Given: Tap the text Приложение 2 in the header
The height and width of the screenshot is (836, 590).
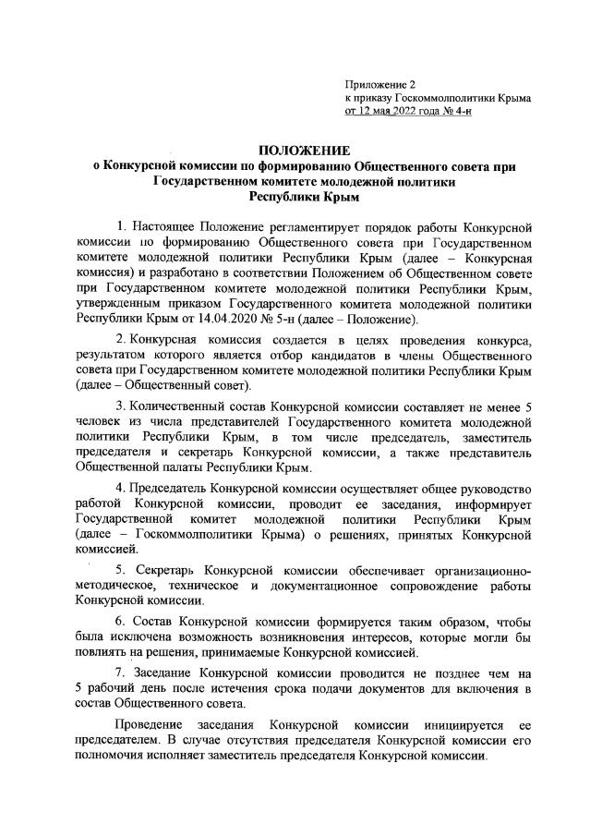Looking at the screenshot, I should click(x=379, y=84).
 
